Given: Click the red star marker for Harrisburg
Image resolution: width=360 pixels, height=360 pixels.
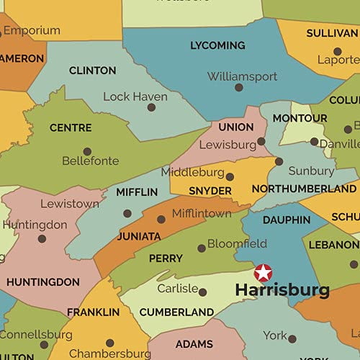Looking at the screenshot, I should (x=264, y=273).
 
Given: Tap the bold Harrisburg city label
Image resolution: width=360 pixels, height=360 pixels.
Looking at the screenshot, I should (x=283, y=291).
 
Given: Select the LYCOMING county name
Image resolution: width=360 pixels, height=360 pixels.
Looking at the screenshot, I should (x=217, y=46).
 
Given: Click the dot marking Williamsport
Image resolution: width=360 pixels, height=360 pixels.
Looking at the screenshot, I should (x=238, y=88).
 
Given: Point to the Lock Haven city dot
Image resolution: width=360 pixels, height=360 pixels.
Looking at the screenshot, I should (x=151, y=107).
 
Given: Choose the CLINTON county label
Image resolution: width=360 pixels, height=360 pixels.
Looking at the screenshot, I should (x=92, y=71).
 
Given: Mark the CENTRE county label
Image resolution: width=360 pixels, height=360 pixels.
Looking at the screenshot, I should (x=71, y=128).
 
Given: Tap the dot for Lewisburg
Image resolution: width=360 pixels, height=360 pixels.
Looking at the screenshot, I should (x=261, y=142).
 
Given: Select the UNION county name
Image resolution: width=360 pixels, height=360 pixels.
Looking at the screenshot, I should (x=236, y=127).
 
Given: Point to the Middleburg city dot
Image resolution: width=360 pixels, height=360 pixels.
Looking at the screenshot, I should (x=230, y=176).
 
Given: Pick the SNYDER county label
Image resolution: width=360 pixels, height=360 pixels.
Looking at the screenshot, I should (x=210, y=192).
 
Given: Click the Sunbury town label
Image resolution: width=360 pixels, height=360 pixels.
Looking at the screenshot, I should (x=311, y=171).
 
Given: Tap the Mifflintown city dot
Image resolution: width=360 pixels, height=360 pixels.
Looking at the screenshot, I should (x=161, y=220).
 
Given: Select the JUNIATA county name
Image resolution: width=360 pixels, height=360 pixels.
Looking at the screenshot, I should (x=139, y=236).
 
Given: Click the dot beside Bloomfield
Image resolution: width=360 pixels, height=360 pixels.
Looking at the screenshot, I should (x=202, y=248).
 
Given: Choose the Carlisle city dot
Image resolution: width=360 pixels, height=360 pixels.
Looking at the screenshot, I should (x=202, y=292).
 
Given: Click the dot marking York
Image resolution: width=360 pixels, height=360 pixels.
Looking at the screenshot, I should (x=292, y=338).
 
